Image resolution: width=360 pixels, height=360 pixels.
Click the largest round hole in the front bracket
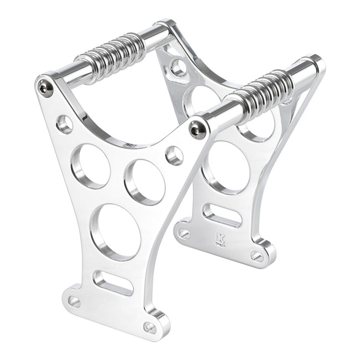pyautogui.click(x=115, y=232)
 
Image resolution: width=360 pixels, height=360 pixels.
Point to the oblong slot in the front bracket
pyautogui.click(x=112, y=282)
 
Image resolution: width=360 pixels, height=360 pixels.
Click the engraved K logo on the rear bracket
pyautogui.click(x=220, y=239)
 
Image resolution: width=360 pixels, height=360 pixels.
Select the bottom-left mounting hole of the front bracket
pyautogui.click(x=74, y=301)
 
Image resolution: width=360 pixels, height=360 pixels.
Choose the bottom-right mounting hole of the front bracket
pyautogui.click(x=149, y=327)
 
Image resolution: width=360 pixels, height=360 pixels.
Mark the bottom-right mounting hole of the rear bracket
pyautogui.click(x=256, y=256)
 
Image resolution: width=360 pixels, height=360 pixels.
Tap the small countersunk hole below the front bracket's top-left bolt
pyautogui.click(x=64, y=124)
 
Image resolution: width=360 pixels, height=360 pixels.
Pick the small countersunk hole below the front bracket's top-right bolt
pyautogui.click(x=174, y=155)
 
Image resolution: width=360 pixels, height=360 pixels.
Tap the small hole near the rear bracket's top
pyautogui.click(x=178, y=68)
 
